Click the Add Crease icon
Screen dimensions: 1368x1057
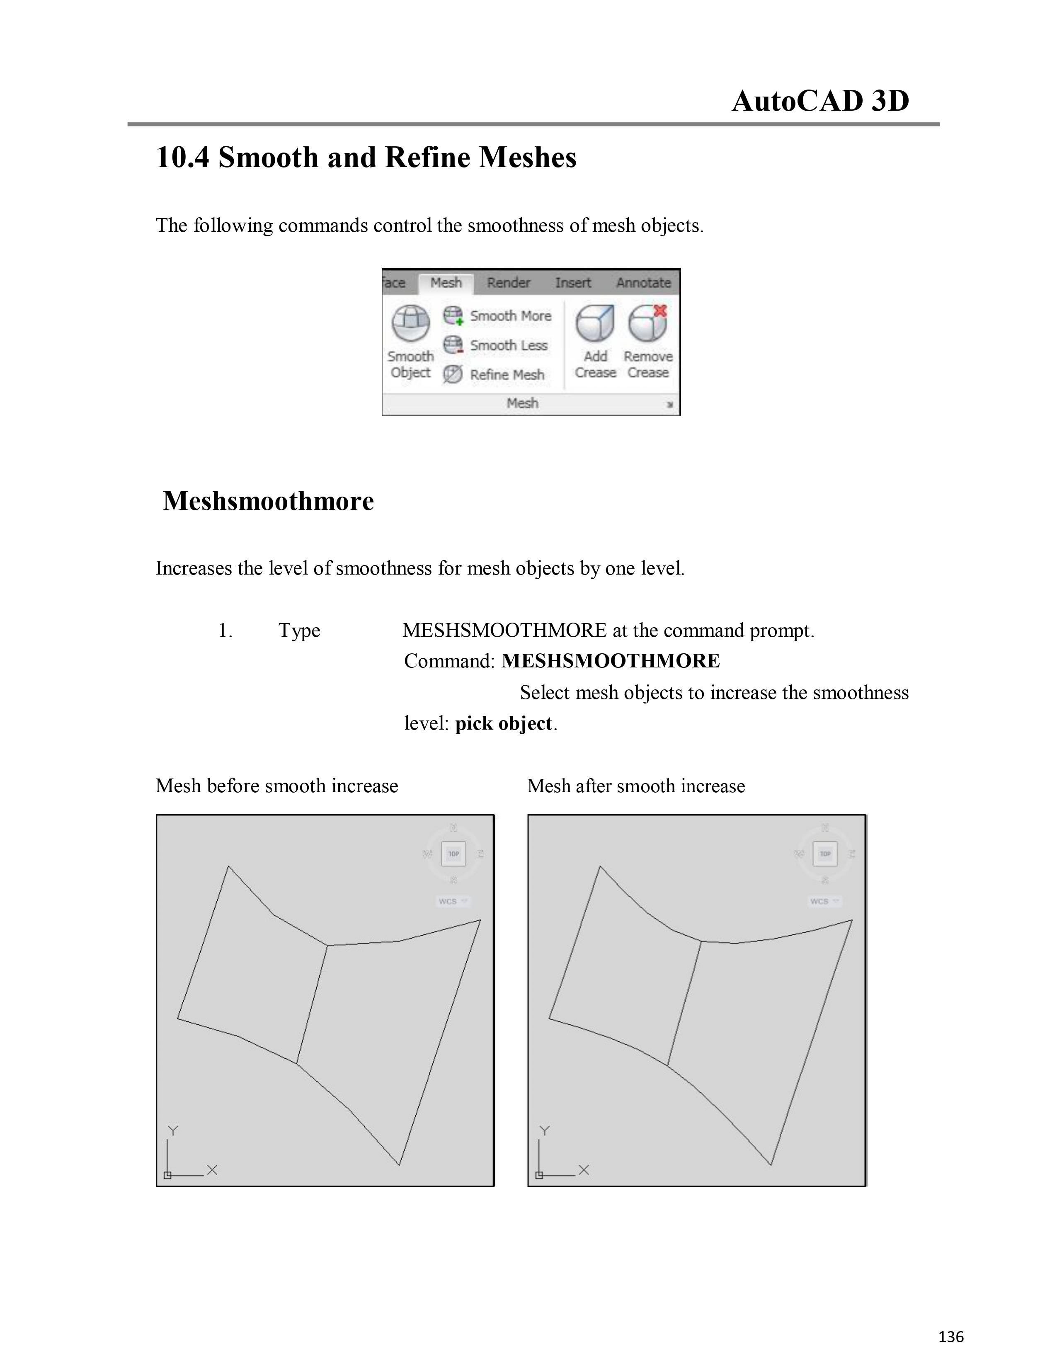[x=595, y=323]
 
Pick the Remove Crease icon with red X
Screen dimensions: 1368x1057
[x=648, y=323]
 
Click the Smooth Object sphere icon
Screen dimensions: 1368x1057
[x=411, y=323]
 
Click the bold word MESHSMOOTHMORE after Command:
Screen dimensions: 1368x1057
[x=611, y=661]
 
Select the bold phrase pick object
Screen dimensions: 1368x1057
[x=504, y=723]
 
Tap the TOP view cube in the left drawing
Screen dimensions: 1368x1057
[x=453, y=854]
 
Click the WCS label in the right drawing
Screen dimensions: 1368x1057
[x=819, y=901]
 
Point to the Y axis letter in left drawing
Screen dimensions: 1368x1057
[x=173, y=1130]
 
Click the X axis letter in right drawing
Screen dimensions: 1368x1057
[x=584, y=1169]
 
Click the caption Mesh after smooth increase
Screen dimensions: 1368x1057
[x=635, y=786]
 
